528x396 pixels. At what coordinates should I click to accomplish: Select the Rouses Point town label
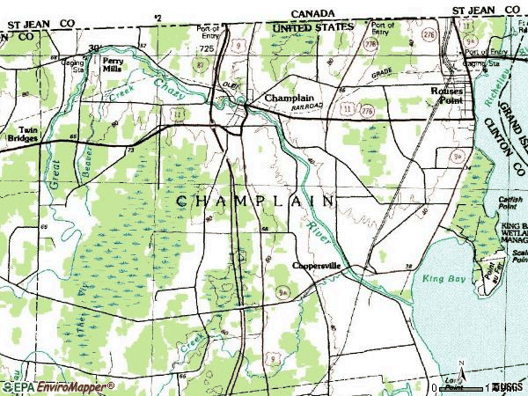446,96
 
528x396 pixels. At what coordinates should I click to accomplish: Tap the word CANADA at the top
312,14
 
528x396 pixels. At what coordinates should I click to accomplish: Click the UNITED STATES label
312,27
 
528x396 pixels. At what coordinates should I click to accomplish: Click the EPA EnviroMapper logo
57,386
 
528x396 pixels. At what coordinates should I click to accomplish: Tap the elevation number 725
206,50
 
